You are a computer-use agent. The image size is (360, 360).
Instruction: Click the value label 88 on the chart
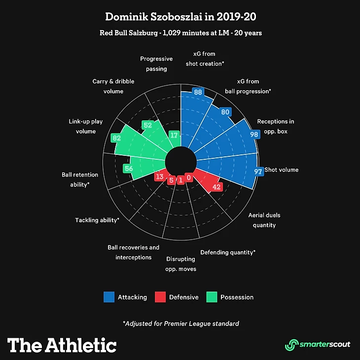click(198, 92)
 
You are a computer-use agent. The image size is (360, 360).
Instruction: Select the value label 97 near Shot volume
click(258, 171)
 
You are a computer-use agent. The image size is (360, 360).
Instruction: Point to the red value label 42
click(216, 187)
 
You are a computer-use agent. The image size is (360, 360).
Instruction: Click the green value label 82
click(116, 139)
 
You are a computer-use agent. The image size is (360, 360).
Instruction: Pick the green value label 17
click(174, 135)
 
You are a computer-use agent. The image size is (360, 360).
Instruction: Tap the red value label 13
click(159, 177)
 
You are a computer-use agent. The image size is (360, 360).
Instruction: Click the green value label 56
click(129, 168)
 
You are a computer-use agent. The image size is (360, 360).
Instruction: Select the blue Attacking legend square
click(109, 297)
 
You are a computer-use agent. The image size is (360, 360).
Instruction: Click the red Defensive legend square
click(160, 297)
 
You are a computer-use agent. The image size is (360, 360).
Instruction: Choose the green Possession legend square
click(211, 297)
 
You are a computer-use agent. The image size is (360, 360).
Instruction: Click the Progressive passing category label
click(156, 64)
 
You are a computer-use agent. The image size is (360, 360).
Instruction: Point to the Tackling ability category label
click(97, 220)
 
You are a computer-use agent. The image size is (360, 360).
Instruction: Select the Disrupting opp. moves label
click(181, 264)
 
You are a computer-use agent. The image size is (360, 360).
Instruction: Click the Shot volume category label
click(281, 170)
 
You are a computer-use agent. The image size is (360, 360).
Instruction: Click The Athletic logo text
click(62, 345)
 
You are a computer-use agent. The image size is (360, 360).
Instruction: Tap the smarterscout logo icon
click(291, 344)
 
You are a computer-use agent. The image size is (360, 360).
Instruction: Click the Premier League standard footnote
click(180, 324)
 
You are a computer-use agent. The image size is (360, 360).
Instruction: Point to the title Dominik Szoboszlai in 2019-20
click(180, 17)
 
